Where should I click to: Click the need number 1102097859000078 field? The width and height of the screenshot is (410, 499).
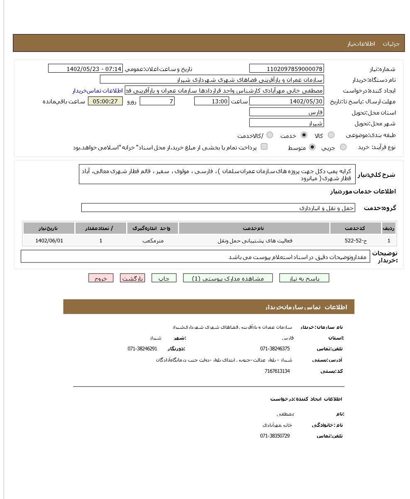(x=286, y=69)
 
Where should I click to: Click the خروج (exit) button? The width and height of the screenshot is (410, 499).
(x=100, y=279)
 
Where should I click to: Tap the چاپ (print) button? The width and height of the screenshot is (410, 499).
(x=164, y=279)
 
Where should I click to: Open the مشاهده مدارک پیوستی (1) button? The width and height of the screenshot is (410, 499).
(x=228, y=279)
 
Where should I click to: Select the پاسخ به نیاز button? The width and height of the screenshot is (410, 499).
(x=304, y=279)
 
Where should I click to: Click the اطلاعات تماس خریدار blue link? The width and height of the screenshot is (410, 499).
(x=98, y=91)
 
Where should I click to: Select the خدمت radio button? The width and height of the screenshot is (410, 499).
(x=304, y=135)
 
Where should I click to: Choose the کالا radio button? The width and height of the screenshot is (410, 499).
(x=331, y=135)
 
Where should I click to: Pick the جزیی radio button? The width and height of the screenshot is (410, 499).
(x=343, y=147)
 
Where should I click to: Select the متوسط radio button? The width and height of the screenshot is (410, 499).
(x=312, y=147)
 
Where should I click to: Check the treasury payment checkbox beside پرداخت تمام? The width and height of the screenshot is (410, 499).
(x=264, y=147)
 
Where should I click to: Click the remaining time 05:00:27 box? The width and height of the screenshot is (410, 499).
(x=105, y=101)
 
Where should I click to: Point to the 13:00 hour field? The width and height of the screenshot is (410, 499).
(x=212, y=101)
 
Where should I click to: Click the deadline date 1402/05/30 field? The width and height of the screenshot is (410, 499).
(x=286, y=101)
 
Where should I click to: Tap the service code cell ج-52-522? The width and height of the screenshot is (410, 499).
(x=356, y=240)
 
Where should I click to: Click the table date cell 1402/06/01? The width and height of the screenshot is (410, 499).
(x=49, y=240)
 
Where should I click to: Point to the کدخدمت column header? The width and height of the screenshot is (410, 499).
(x=356, y=228)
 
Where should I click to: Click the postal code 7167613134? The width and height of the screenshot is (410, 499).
(x=277, y=371)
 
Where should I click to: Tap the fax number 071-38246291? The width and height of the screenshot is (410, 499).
(x=142, y=349)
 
